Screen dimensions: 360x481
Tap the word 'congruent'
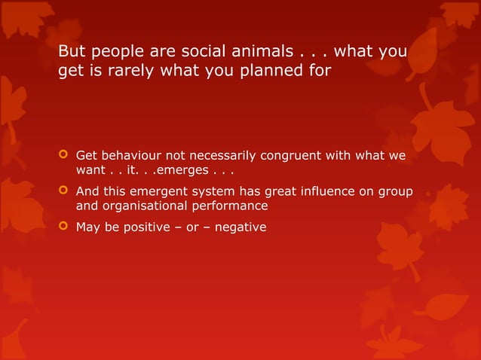[x=291, y=156]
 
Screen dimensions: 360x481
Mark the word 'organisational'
[x=138, y=206]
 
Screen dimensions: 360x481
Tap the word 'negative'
[x=240, y=227]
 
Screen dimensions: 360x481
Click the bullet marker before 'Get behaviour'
[x=63, y=156]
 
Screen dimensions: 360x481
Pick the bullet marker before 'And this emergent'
[x=63, y=191]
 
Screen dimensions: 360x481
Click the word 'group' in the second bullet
[x=395, y=191]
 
